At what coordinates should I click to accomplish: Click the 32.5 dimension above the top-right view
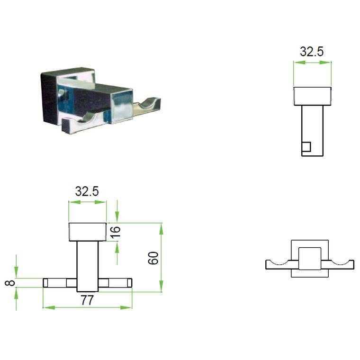312,52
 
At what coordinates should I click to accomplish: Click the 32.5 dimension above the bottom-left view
87,191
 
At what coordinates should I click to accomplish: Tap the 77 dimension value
87,300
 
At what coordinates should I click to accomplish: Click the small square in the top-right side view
306,147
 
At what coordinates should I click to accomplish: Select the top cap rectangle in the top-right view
312,96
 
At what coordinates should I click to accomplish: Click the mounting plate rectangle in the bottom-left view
87,232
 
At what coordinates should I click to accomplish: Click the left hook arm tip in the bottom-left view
46,283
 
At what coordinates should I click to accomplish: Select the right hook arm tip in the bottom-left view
128,283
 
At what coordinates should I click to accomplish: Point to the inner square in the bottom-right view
309,259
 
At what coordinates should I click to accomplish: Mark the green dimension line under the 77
87,308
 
